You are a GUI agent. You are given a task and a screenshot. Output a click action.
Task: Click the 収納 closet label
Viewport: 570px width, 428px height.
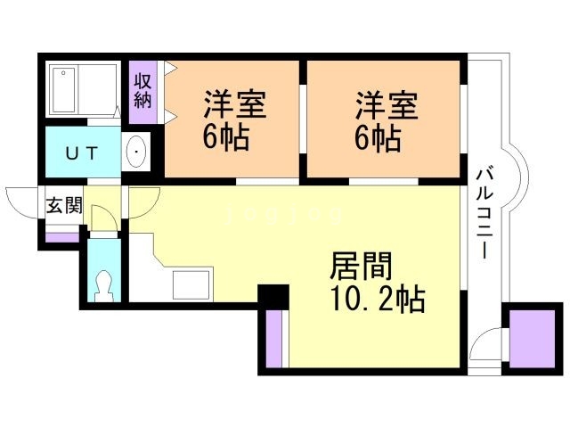(142, 89)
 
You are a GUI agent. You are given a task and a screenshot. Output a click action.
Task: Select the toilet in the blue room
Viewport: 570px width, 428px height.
(104, 283)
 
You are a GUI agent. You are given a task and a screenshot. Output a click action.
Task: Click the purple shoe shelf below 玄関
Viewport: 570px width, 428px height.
(62, 236)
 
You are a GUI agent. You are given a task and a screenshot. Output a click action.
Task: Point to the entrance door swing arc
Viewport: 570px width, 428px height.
(20, 202)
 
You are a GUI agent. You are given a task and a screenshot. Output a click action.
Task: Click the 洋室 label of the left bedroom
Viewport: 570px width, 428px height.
(235, 105)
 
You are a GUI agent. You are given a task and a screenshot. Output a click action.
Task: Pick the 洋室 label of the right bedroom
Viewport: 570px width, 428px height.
(386, 105)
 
